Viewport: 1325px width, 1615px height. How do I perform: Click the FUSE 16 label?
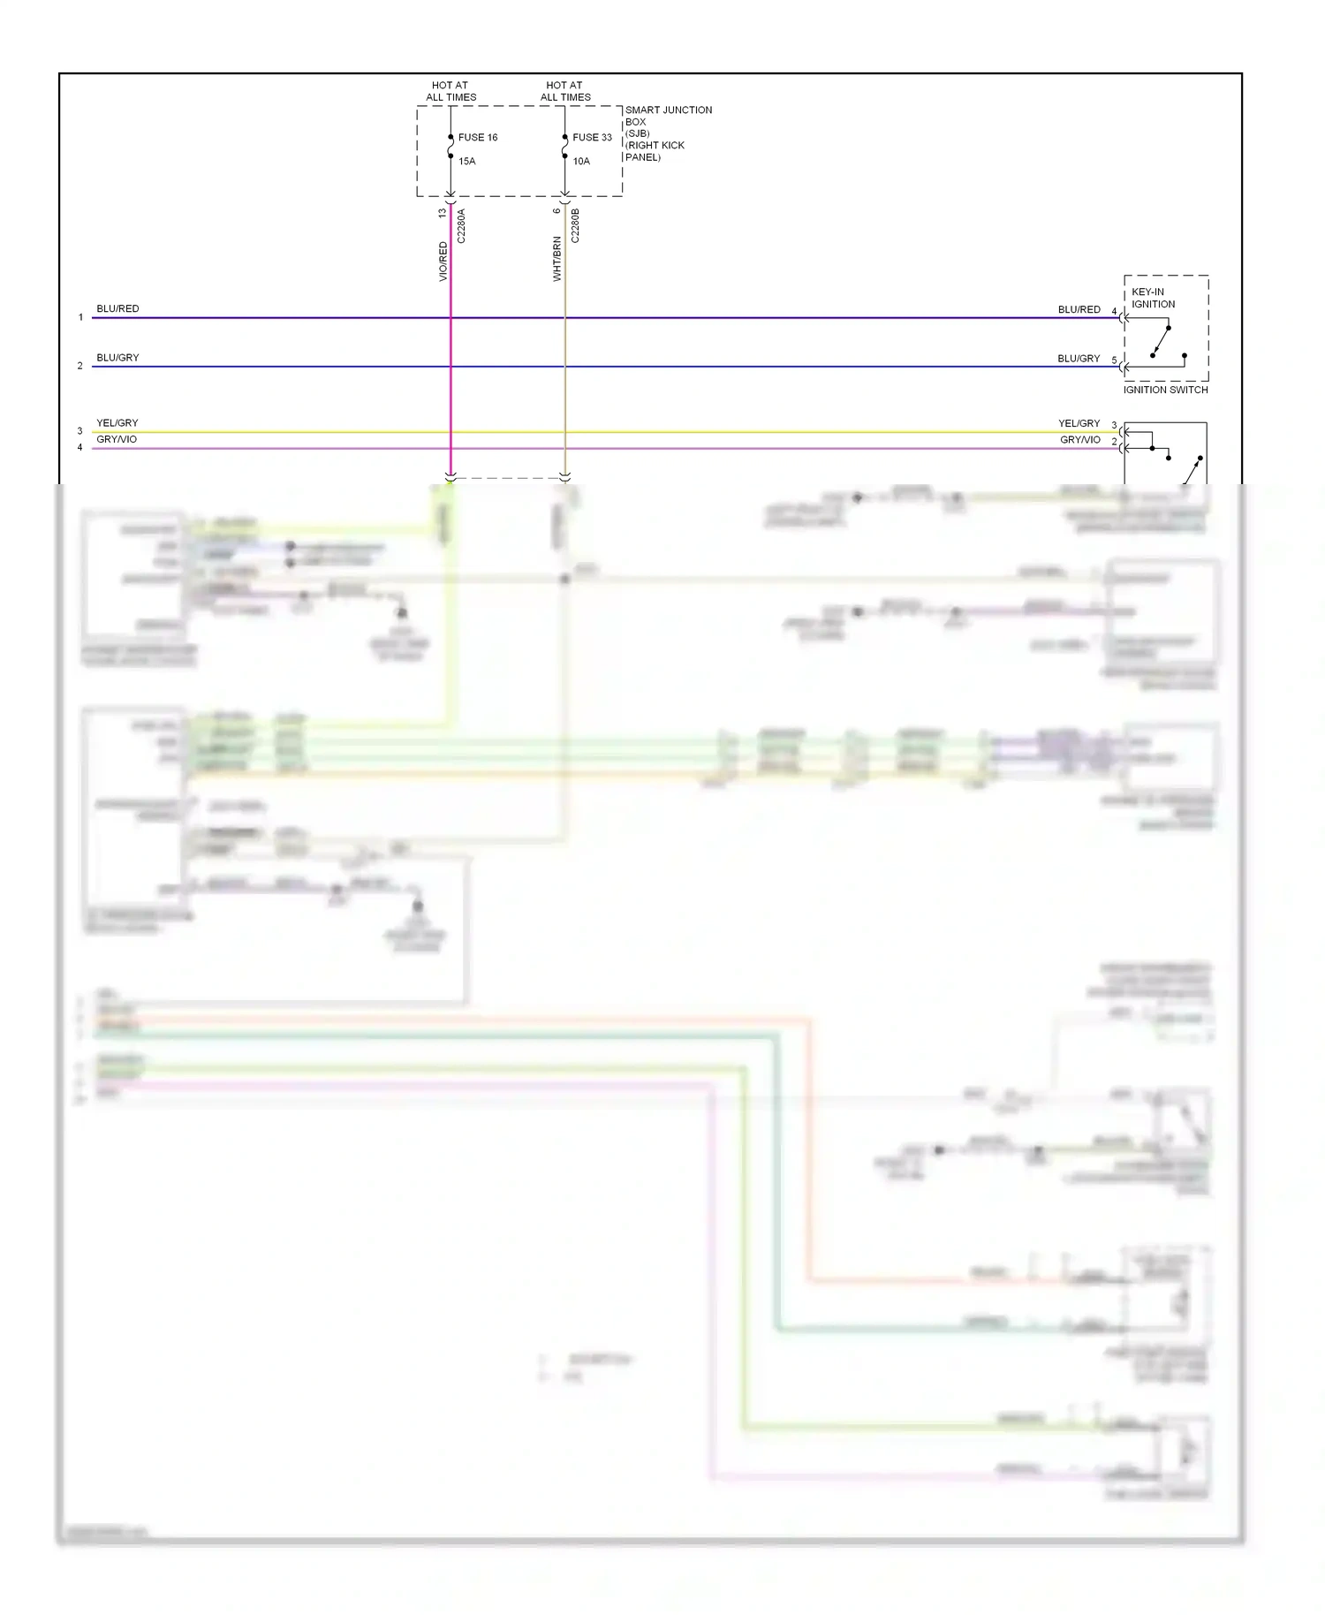[477, 138]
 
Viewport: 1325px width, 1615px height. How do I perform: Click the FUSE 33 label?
[592, 138]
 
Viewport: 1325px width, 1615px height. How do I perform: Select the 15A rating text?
[466, 162]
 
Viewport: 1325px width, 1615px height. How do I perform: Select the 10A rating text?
[581, 162]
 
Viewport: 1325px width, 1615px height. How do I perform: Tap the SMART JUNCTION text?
[668, 110]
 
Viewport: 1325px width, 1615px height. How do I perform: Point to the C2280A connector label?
[461, 226]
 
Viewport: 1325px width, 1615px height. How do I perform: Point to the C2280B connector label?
[575, 226]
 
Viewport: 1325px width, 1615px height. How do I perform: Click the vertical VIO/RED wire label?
[443, 262]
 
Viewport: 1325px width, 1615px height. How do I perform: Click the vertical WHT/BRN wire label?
[557, 259]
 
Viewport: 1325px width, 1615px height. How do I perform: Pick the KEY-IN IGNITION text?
[1153, 298]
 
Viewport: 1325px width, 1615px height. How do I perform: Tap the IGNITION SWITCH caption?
[1165, 390]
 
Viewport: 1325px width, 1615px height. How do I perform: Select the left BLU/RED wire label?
[117, 309]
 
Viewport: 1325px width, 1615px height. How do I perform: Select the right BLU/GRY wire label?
[1079, 359]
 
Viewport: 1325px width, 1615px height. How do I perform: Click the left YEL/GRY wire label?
[117, 423]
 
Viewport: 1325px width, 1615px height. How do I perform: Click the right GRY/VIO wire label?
[1080, 440]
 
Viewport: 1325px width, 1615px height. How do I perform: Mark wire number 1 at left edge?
[80, 317]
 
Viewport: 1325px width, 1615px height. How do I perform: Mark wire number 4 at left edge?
[79, 448]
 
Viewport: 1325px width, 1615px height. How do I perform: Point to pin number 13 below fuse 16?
[443, 213]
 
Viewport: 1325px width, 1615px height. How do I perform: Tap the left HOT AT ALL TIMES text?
[450, 92]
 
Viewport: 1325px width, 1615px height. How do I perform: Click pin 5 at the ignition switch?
[1114, 360]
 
